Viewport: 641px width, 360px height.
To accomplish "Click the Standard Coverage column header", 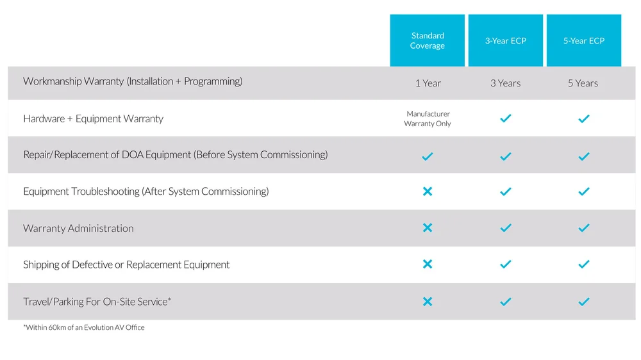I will coord(428,40).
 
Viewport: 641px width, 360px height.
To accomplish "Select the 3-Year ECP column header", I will coord(506,40).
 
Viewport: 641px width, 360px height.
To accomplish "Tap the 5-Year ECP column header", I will coord(584,40).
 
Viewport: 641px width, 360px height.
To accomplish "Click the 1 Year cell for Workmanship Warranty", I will coord(428,83).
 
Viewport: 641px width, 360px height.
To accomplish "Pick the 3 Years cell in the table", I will coord(506,83).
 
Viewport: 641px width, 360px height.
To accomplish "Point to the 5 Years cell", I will coord(583,83).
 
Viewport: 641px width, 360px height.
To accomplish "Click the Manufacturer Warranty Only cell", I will coord(428,119).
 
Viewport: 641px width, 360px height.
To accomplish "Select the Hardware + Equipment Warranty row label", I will coord(94,119).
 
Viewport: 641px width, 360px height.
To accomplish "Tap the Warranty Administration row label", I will coord(78,228).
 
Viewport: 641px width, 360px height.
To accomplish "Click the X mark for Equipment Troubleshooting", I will coord(428,192).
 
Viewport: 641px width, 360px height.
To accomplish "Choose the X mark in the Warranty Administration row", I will coord(428,228).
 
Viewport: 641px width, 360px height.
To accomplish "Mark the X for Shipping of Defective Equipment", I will coord(428,265).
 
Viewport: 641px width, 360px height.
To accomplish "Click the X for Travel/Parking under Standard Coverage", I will coord(428,302).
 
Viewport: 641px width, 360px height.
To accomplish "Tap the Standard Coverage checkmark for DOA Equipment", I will coord(428,156).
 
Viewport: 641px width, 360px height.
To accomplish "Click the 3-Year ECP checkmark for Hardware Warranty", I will coord(506,119).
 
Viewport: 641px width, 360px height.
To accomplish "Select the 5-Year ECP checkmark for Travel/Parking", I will coord(584,302).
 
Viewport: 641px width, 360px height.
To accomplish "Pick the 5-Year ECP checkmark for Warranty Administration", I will coord(584,228).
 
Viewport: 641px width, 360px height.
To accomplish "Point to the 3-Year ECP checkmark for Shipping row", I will coord(506,265).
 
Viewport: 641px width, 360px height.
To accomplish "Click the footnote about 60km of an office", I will coord(84,327).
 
